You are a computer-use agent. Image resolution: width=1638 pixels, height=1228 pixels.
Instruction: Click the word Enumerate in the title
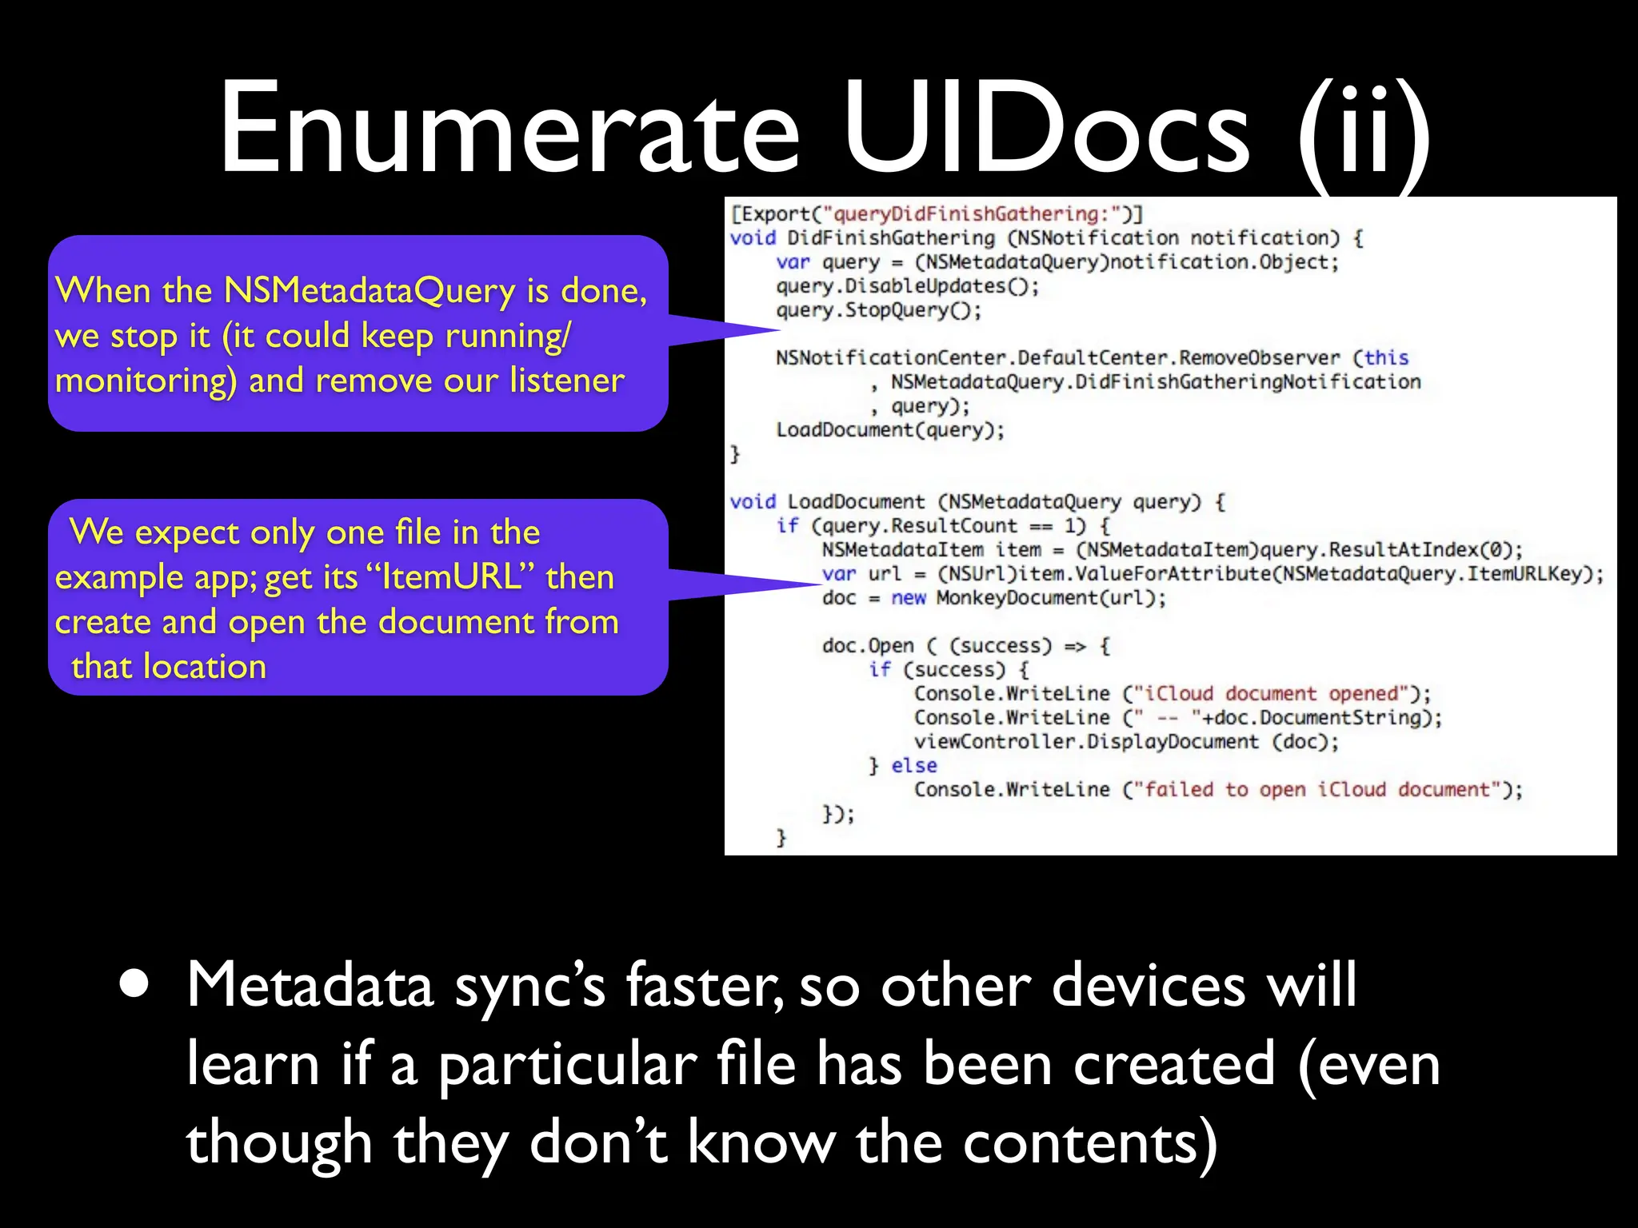tap(509, 128)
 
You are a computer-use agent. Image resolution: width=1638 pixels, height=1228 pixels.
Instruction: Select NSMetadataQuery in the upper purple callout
tap(370, 291)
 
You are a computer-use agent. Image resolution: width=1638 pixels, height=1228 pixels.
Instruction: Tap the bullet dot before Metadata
tap(134, 986)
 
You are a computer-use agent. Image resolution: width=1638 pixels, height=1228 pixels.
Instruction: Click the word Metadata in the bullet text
tap(310, 985)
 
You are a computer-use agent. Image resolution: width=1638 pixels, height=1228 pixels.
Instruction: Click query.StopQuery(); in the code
tap(878, 310)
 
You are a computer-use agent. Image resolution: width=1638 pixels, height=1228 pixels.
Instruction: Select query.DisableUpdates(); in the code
tap(907, 286)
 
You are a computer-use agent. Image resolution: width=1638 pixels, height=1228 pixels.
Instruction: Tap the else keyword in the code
tap(913, 766)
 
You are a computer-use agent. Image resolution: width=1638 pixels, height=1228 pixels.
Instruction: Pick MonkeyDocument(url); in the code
tap(1051, 598)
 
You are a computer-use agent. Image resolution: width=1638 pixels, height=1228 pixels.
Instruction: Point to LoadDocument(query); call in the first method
tap(889, 430)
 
